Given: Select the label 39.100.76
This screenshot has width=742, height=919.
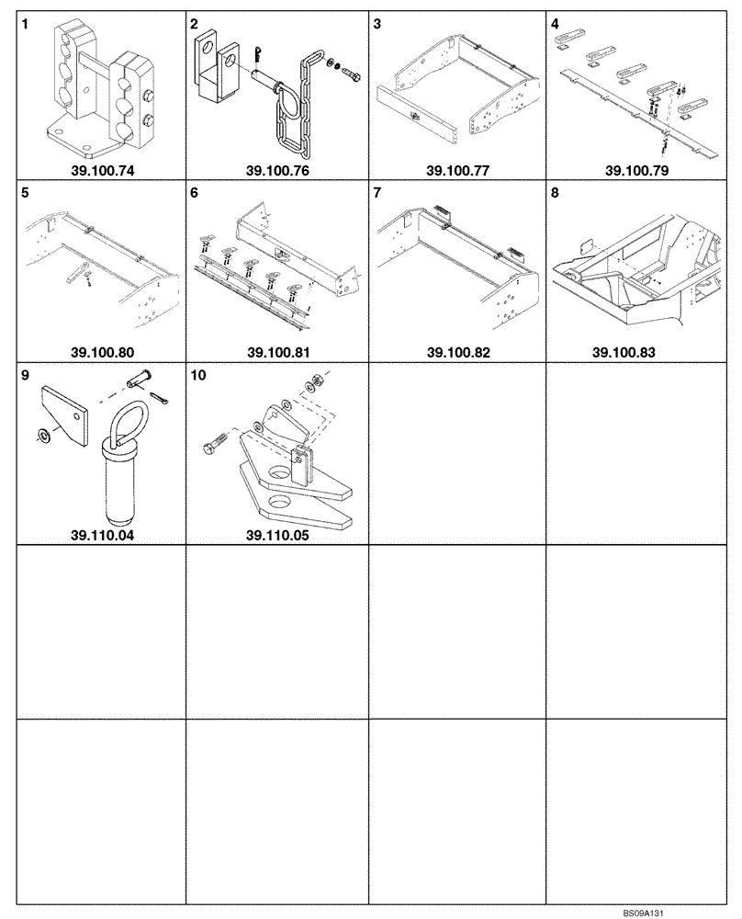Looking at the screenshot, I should click(x=275, y=170).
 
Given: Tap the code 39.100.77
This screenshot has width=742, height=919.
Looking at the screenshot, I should click(x=456, y=170).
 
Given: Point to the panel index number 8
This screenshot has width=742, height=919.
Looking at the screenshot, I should click(x=554, y=194).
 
